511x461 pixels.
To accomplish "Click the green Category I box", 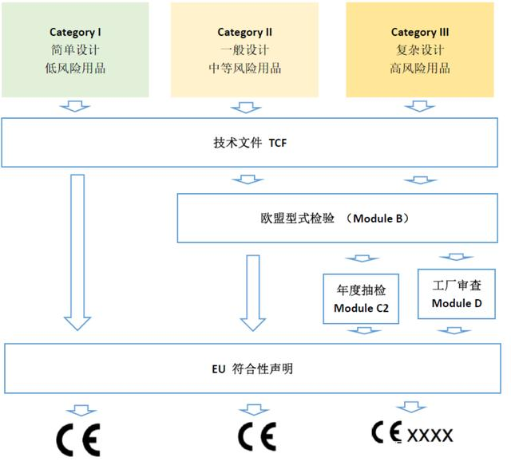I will pyautogui.click(x=76, y=49).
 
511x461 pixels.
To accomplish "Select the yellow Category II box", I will pyautogui.click(x=245, y=49).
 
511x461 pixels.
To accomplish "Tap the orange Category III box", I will pyautogui.click(x=419, y=49).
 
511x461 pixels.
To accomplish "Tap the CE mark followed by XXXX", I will pyautogui.click(x=388, y=432).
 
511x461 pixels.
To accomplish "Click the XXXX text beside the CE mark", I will pyautogui.click(x=430, y=435).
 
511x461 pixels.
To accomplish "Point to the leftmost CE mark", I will pyautogui.click(x=77, y=439).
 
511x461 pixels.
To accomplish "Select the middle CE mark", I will pyautogui.click(x=256, y=436).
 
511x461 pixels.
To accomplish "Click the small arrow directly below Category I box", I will pyautogui.click(x=77, y=107).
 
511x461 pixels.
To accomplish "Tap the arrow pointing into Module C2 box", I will pyautogui.click(x=362, y=259).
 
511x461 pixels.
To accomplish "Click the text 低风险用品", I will pyautogui.click(x=76, y=68).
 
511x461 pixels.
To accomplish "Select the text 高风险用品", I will pyautogui.click(x=419, y=68).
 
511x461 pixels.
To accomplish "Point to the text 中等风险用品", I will pyautogui.click(x=245, y=68).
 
